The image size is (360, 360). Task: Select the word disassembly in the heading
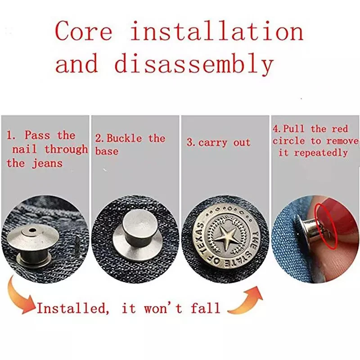click(193, 63)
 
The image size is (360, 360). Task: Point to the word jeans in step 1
click(47, 163)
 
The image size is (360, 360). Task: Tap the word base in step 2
click(106, 152)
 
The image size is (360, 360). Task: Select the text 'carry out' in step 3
click(218, 143)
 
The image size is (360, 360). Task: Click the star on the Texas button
click(225, 238)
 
